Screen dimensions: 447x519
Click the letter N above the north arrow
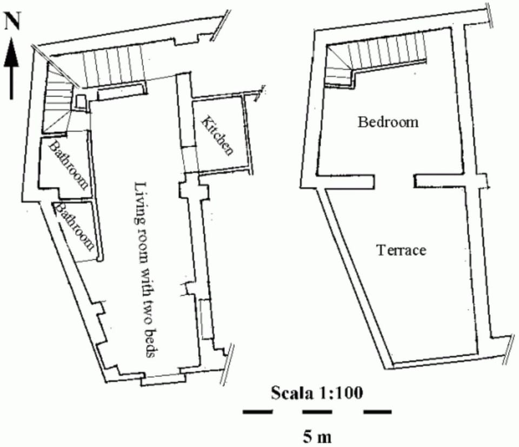tap(12, 22)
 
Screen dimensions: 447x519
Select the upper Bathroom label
tap(69, 165)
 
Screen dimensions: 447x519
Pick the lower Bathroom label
tap(76, 226)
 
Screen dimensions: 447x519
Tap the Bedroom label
tap(388, 121)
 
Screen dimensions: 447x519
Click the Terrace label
tap(401, 250)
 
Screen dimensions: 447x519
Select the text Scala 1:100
tap(316, 391)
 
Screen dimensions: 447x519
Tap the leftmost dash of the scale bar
tap(257, 412)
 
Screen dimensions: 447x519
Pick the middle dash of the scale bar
tap(317, 412)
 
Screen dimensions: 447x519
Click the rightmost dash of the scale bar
tap(377, 412)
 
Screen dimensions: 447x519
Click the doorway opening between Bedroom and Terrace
tap(395, 180)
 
